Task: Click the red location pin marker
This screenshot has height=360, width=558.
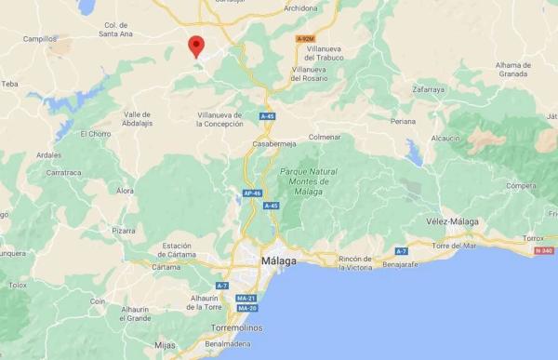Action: (196, 46)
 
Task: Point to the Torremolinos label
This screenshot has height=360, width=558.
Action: (234, 327)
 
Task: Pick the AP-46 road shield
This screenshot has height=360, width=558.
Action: (250, 193)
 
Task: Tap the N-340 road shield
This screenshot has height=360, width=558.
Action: (542, 251)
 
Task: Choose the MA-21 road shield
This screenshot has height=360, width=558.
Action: (246, 298)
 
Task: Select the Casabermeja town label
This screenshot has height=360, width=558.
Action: (276, 144)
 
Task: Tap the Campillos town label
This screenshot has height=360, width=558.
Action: (41, 40)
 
